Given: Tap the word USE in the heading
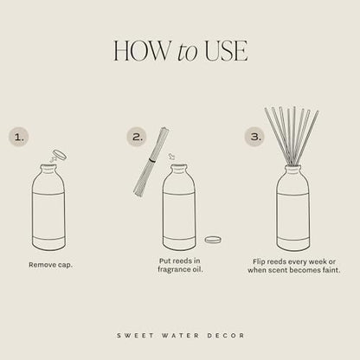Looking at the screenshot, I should (225, 50).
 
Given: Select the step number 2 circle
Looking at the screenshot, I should (136, 136).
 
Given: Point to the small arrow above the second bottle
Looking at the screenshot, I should (171, 157).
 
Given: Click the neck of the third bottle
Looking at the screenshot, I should (293, 171).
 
